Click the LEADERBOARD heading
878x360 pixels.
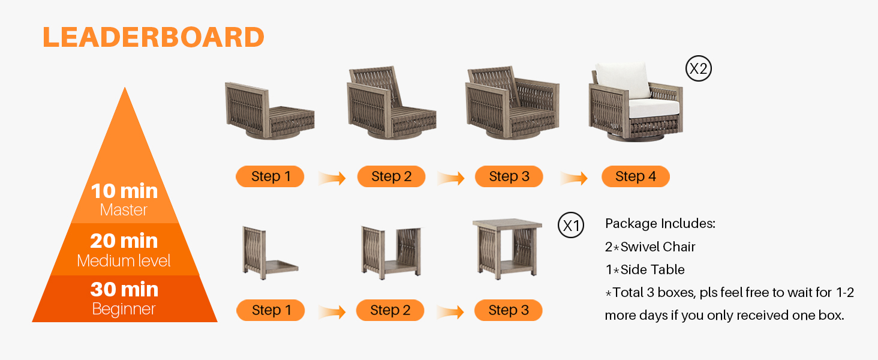(x=154, y=37)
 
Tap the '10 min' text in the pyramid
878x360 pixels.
(x=124, y=191)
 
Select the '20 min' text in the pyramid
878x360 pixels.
(x=124, y=241)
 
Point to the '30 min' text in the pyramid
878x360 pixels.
(x=124, y=289)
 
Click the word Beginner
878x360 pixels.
(x=124, y=309)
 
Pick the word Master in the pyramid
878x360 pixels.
(x=124, y=210)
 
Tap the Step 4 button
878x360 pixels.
(x=635, y=176)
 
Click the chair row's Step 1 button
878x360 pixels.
(x=270, y=176)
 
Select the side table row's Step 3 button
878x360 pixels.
(x=509, y=310)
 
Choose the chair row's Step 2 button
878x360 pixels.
(x=391, y=176)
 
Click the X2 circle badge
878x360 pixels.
(x=699, y=68)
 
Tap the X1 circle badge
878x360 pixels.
(x=571, y=226)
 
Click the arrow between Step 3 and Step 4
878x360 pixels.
(x=574, y=178)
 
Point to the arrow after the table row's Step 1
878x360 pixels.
(x=332, y=312)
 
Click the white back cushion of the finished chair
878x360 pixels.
(x=623, y=80)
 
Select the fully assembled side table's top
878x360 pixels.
(x=507, y=224)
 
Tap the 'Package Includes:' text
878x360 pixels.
(x=660, y=224)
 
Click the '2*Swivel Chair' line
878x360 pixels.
(x=650, y=247)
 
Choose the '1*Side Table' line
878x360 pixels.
(x=645, y=269)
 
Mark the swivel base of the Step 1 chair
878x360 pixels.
(x=270, y=134)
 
